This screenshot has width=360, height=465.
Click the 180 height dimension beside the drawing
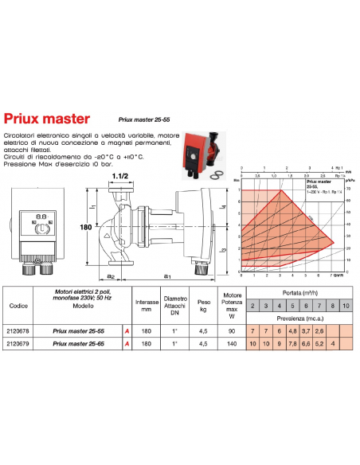click(80, 227)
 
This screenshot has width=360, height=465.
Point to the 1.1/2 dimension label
click(120, 176)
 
